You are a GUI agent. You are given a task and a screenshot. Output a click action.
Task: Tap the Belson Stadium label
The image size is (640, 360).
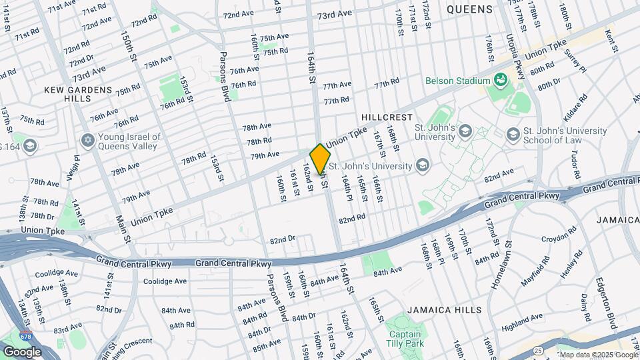click(459, 81)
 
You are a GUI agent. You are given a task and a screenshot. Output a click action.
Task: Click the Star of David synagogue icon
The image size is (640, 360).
click(87, 141)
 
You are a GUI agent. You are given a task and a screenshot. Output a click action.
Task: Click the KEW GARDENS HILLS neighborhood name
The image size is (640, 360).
click(78, 93)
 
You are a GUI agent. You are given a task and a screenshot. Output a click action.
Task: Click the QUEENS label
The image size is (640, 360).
click(469, 9)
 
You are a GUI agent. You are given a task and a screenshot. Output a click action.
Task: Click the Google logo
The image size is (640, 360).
click(22, 351)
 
